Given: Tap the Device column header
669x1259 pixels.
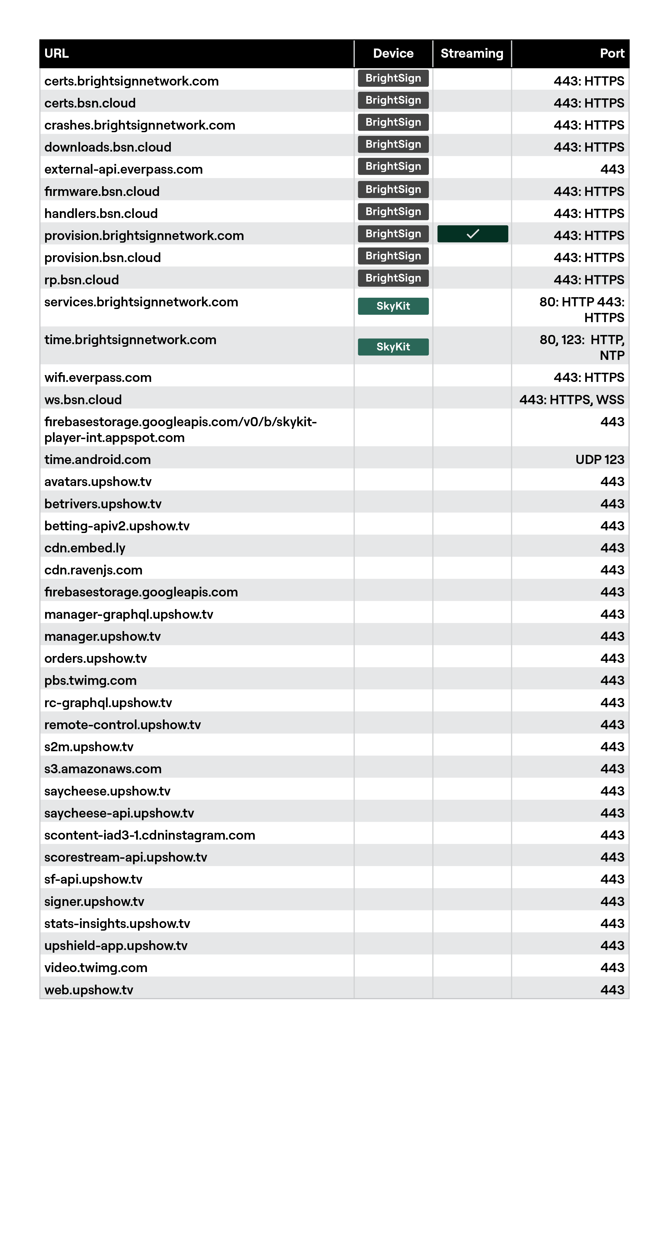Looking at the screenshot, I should pyautogui.click(x=393, y=53).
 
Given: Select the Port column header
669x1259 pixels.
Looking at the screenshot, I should pyautogui.click(x=612, y=53).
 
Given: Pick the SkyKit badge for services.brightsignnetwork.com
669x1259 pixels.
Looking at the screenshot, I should pyautogui.click(x=393, y=306).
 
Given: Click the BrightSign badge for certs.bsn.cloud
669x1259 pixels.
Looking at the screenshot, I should pyautogui.click(x=393, y=100).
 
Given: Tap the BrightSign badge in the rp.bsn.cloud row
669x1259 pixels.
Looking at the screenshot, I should pyautogui.click(x=393, y=278).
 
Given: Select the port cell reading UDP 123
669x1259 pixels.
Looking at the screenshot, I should pyautogui.click(x=599, y=460).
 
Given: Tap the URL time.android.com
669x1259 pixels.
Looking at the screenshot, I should pyautogui.click(x=97, y=460).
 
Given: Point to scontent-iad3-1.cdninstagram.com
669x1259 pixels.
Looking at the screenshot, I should pyautogui.click(x=150, y=835).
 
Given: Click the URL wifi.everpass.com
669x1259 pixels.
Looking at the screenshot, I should pyautogui.click(x=98, y=378).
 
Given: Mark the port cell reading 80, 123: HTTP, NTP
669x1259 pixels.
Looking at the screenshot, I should pyautogui.click(x=582, y=348).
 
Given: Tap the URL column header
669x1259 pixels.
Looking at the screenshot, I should pyautogui.click(x=56, y=53).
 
